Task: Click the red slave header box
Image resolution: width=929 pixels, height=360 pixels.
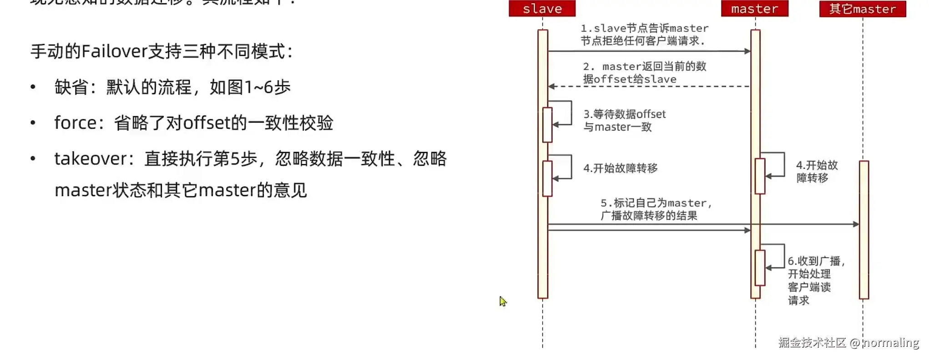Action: coord(542,9)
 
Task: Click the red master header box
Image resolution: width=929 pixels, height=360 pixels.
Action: coord(754,9)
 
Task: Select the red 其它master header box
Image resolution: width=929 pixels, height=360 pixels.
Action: coord(862,9)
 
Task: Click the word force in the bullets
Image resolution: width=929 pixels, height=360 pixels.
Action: coord(75,123)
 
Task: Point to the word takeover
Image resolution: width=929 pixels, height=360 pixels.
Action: coord(91,159)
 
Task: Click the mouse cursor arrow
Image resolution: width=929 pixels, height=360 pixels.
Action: coord(502,301)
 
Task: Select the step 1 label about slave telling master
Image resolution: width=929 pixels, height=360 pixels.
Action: coord(644,35)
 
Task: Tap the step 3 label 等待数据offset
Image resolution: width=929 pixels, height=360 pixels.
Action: coord(624,120)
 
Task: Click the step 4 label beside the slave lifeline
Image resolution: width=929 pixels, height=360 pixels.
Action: coord(620,168)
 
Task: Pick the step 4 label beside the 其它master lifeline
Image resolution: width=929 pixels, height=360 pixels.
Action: coord(817,171)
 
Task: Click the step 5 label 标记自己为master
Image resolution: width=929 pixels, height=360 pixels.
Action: coord(655,209)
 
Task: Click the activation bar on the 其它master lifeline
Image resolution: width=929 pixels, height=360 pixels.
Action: coord(863,230)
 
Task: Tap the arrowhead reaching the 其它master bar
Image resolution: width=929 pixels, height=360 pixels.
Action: coord(856,224)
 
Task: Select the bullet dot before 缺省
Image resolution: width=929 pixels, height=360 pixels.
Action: coord(33,87)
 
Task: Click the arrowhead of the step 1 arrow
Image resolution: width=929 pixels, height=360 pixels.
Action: coord(747,51)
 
